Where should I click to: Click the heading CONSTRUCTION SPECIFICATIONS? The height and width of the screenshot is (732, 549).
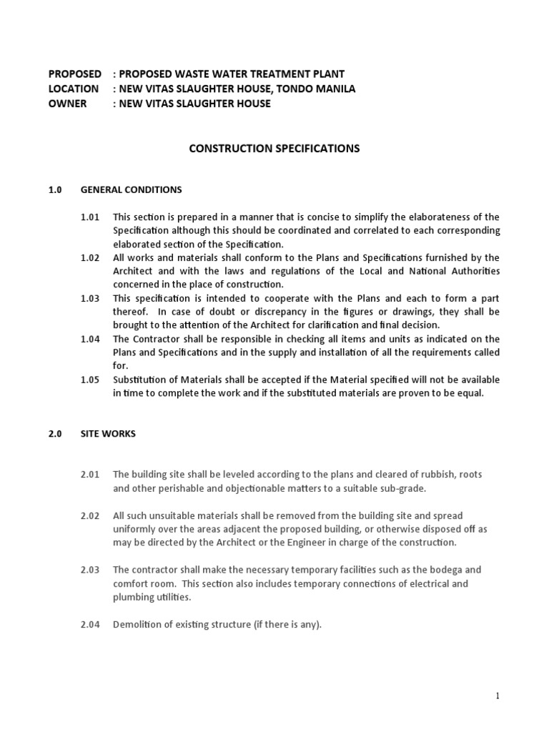[x=274, y=149]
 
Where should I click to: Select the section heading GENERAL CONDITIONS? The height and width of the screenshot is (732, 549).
[x=131, y=190]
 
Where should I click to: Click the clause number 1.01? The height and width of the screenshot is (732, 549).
[x=90, y=217]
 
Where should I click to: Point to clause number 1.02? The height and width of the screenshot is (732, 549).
[x=90, y=257]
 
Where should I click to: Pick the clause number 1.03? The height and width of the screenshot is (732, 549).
[x=90, y=298]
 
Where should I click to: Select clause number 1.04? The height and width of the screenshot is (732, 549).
[x=90, y=339]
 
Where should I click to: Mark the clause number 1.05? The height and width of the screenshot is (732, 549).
[x=90, y=380]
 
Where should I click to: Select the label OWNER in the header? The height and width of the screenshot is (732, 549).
[x=67, y=104]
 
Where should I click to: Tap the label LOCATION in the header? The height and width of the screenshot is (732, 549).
[x=73, y=89]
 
